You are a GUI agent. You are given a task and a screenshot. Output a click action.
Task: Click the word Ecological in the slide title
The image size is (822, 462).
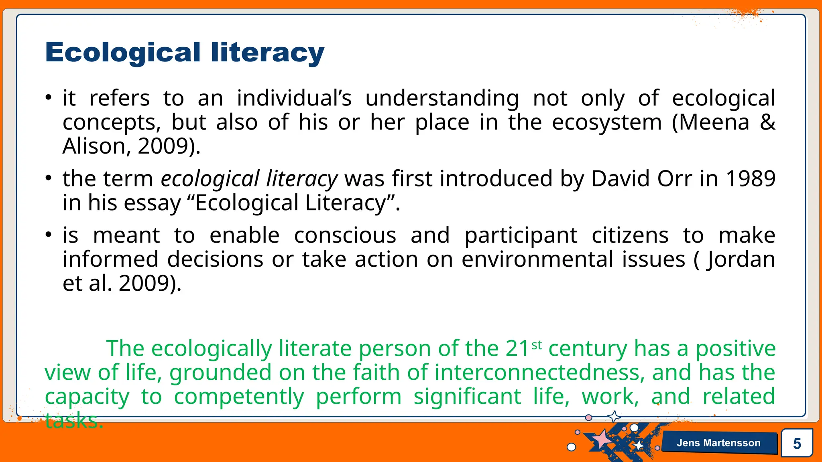click(x=123, y=53)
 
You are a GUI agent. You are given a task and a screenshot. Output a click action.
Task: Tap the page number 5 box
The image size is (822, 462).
click(x=797, y=443)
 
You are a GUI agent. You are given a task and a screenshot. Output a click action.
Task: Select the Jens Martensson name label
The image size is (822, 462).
click(x=718, y=443)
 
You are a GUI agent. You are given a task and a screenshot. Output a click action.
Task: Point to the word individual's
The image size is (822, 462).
click(x=294, y=98)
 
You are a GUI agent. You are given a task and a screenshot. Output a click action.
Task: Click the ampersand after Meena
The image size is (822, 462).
click(x=767, y=122)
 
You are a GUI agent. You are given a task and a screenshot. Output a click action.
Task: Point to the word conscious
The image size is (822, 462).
click(x=345, y=235)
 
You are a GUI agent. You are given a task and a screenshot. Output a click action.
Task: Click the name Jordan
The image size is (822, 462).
click(x=741, y=260)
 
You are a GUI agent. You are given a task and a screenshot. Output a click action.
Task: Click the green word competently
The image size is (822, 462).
click(x=239, y=397)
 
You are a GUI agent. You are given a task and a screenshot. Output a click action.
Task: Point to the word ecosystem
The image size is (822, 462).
click(x=606, y=123)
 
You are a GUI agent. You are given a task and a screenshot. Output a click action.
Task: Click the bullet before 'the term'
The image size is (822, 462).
click(x=49, y=178)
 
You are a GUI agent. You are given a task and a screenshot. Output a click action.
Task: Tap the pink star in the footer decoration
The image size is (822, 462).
click(x=601, y=439)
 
